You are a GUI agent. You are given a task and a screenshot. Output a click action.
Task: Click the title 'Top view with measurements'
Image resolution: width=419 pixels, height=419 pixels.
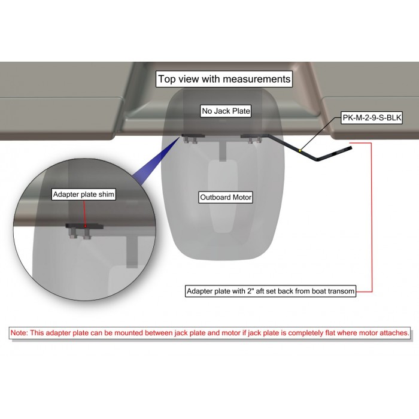coord(224,79)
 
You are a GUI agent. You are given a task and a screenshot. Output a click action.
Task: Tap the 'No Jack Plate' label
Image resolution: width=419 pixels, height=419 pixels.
coord(226,111)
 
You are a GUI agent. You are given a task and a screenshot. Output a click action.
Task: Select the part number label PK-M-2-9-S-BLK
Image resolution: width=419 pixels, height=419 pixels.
coord(372,117)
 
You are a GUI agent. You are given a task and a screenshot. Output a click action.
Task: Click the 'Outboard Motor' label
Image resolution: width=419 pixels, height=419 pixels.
coord(226,197)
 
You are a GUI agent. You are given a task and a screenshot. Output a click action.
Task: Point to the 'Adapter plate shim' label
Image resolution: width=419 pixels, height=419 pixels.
coord(84,195)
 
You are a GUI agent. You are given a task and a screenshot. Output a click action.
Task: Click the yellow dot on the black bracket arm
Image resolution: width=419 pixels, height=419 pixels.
coord(300,151)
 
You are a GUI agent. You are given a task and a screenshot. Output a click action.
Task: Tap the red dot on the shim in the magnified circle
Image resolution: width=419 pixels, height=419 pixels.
coord(85,226)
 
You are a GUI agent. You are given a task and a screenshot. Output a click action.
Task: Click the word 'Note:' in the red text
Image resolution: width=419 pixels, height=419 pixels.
coord(19,333)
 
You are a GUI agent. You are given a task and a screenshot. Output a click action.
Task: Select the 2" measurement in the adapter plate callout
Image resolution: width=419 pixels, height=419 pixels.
coord(250,291)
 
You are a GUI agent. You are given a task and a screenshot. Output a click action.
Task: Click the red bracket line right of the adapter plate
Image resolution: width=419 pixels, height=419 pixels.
coord(372,217)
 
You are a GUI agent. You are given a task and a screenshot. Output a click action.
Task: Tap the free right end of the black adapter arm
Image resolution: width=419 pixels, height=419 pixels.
coord(350,147)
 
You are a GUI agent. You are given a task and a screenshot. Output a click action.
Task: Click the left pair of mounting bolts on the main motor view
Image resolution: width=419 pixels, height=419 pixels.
coord(190,139)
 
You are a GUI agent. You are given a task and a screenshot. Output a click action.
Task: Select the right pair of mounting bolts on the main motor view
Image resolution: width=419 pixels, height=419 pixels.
coord(254,139)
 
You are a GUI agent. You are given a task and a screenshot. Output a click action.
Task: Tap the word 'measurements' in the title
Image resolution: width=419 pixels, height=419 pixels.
coord(257,79)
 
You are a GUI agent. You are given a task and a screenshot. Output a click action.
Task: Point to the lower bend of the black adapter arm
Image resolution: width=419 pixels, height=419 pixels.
coord(317,159)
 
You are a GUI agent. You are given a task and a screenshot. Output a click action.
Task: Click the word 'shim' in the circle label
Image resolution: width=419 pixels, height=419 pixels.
coord(107,195)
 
